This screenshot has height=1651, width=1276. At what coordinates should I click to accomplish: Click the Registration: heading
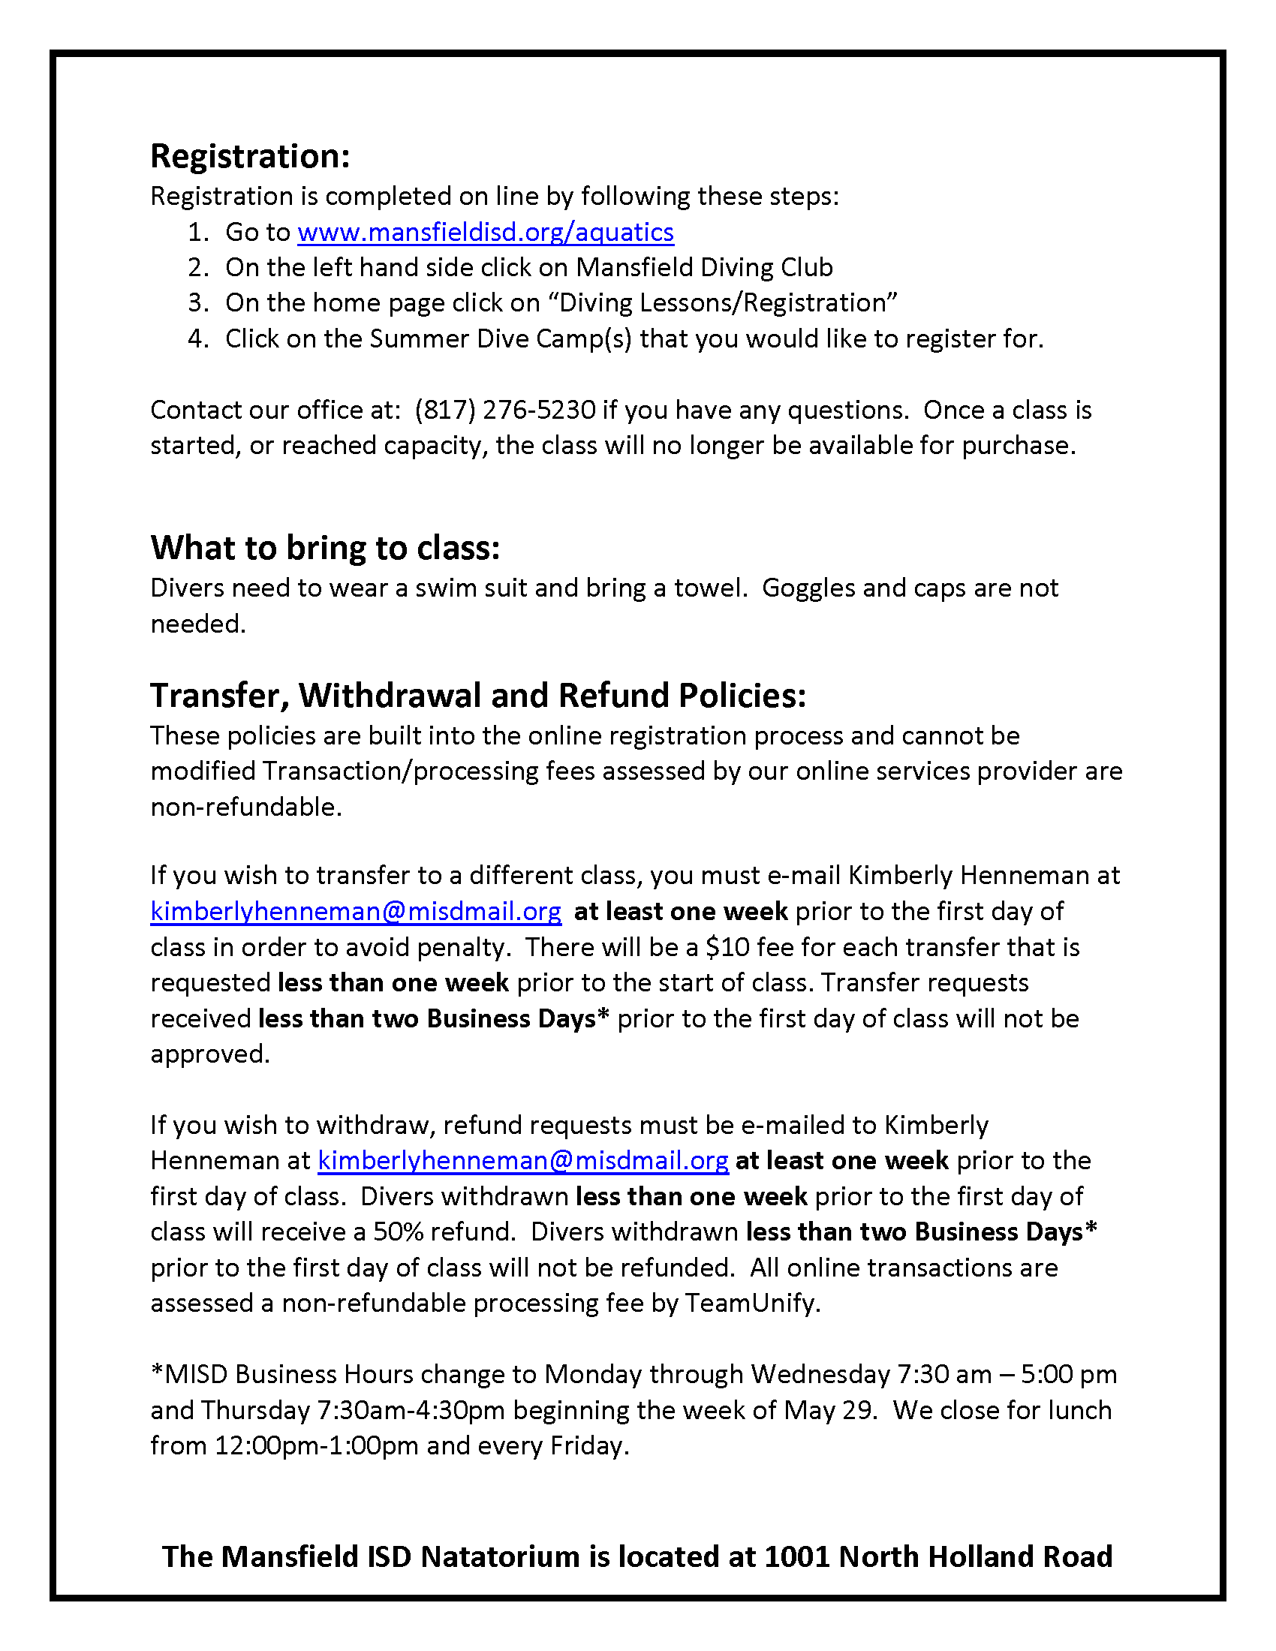250,157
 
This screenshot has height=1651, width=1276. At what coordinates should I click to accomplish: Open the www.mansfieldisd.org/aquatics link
486,232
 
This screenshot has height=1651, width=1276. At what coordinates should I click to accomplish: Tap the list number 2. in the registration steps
198,268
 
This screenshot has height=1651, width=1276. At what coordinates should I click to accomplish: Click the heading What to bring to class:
325,548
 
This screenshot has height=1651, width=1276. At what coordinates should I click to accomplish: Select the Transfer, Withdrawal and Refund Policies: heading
477,696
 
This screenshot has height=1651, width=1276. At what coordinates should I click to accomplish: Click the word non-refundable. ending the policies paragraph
246,807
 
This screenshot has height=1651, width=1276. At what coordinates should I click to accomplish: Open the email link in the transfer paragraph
355,912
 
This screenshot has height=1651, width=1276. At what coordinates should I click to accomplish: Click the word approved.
210,1054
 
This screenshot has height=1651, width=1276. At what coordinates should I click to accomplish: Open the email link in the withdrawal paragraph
523,1160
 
